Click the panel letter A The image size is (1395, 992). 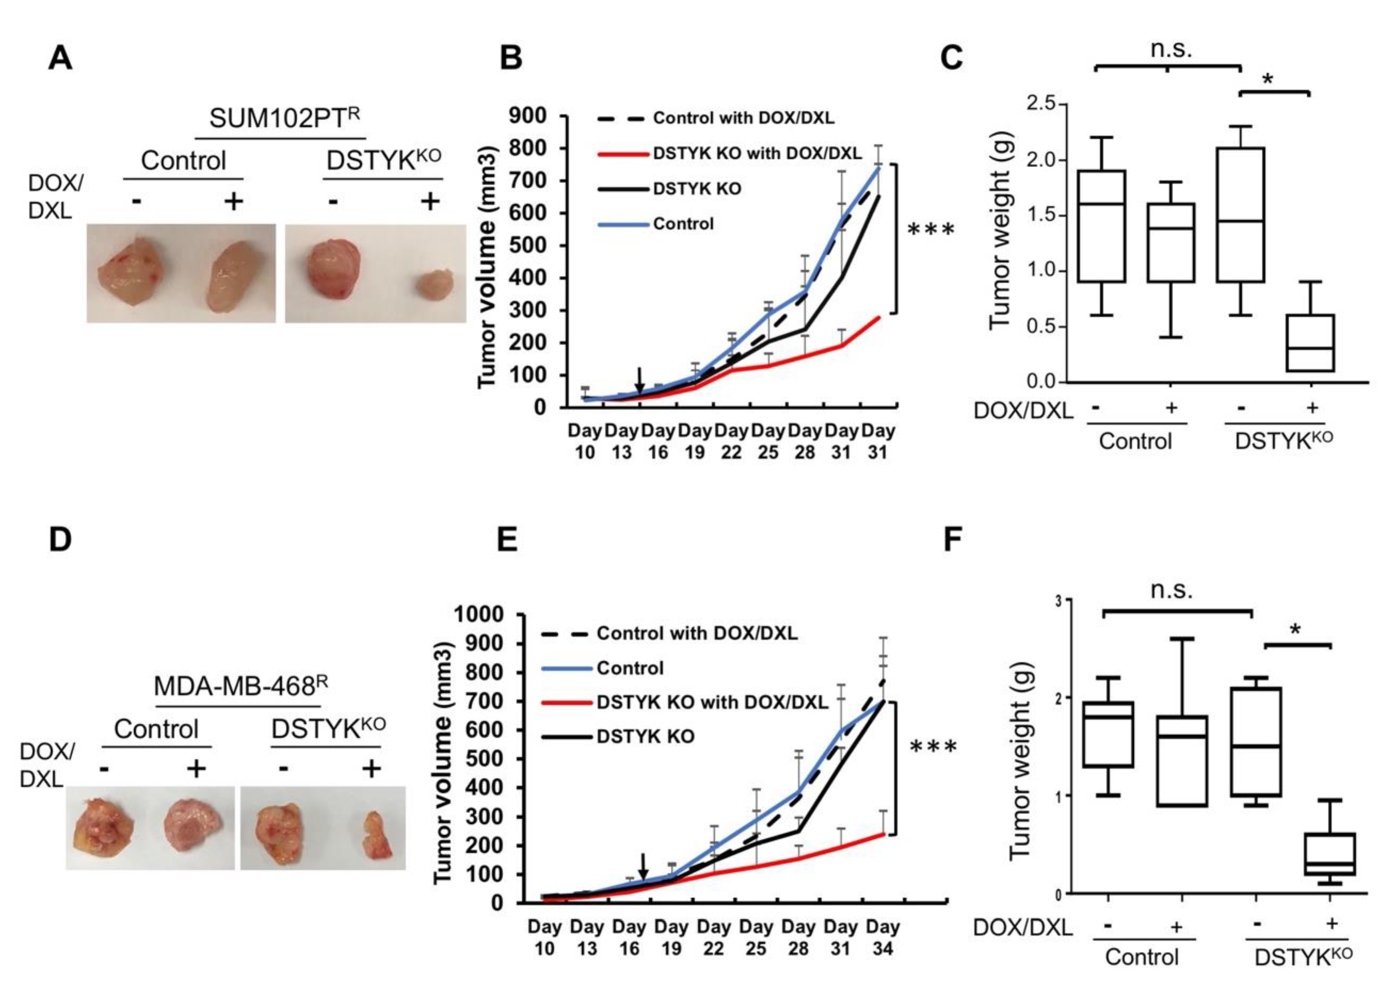click(x=61, y=59)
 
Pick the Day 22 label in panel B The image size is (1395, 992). click(x=732, y=442)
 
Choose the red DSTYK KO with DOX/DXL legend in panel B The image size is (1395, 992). click(x=730, y=153)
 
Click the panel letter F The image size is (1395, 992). click(x=953, y=540)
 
